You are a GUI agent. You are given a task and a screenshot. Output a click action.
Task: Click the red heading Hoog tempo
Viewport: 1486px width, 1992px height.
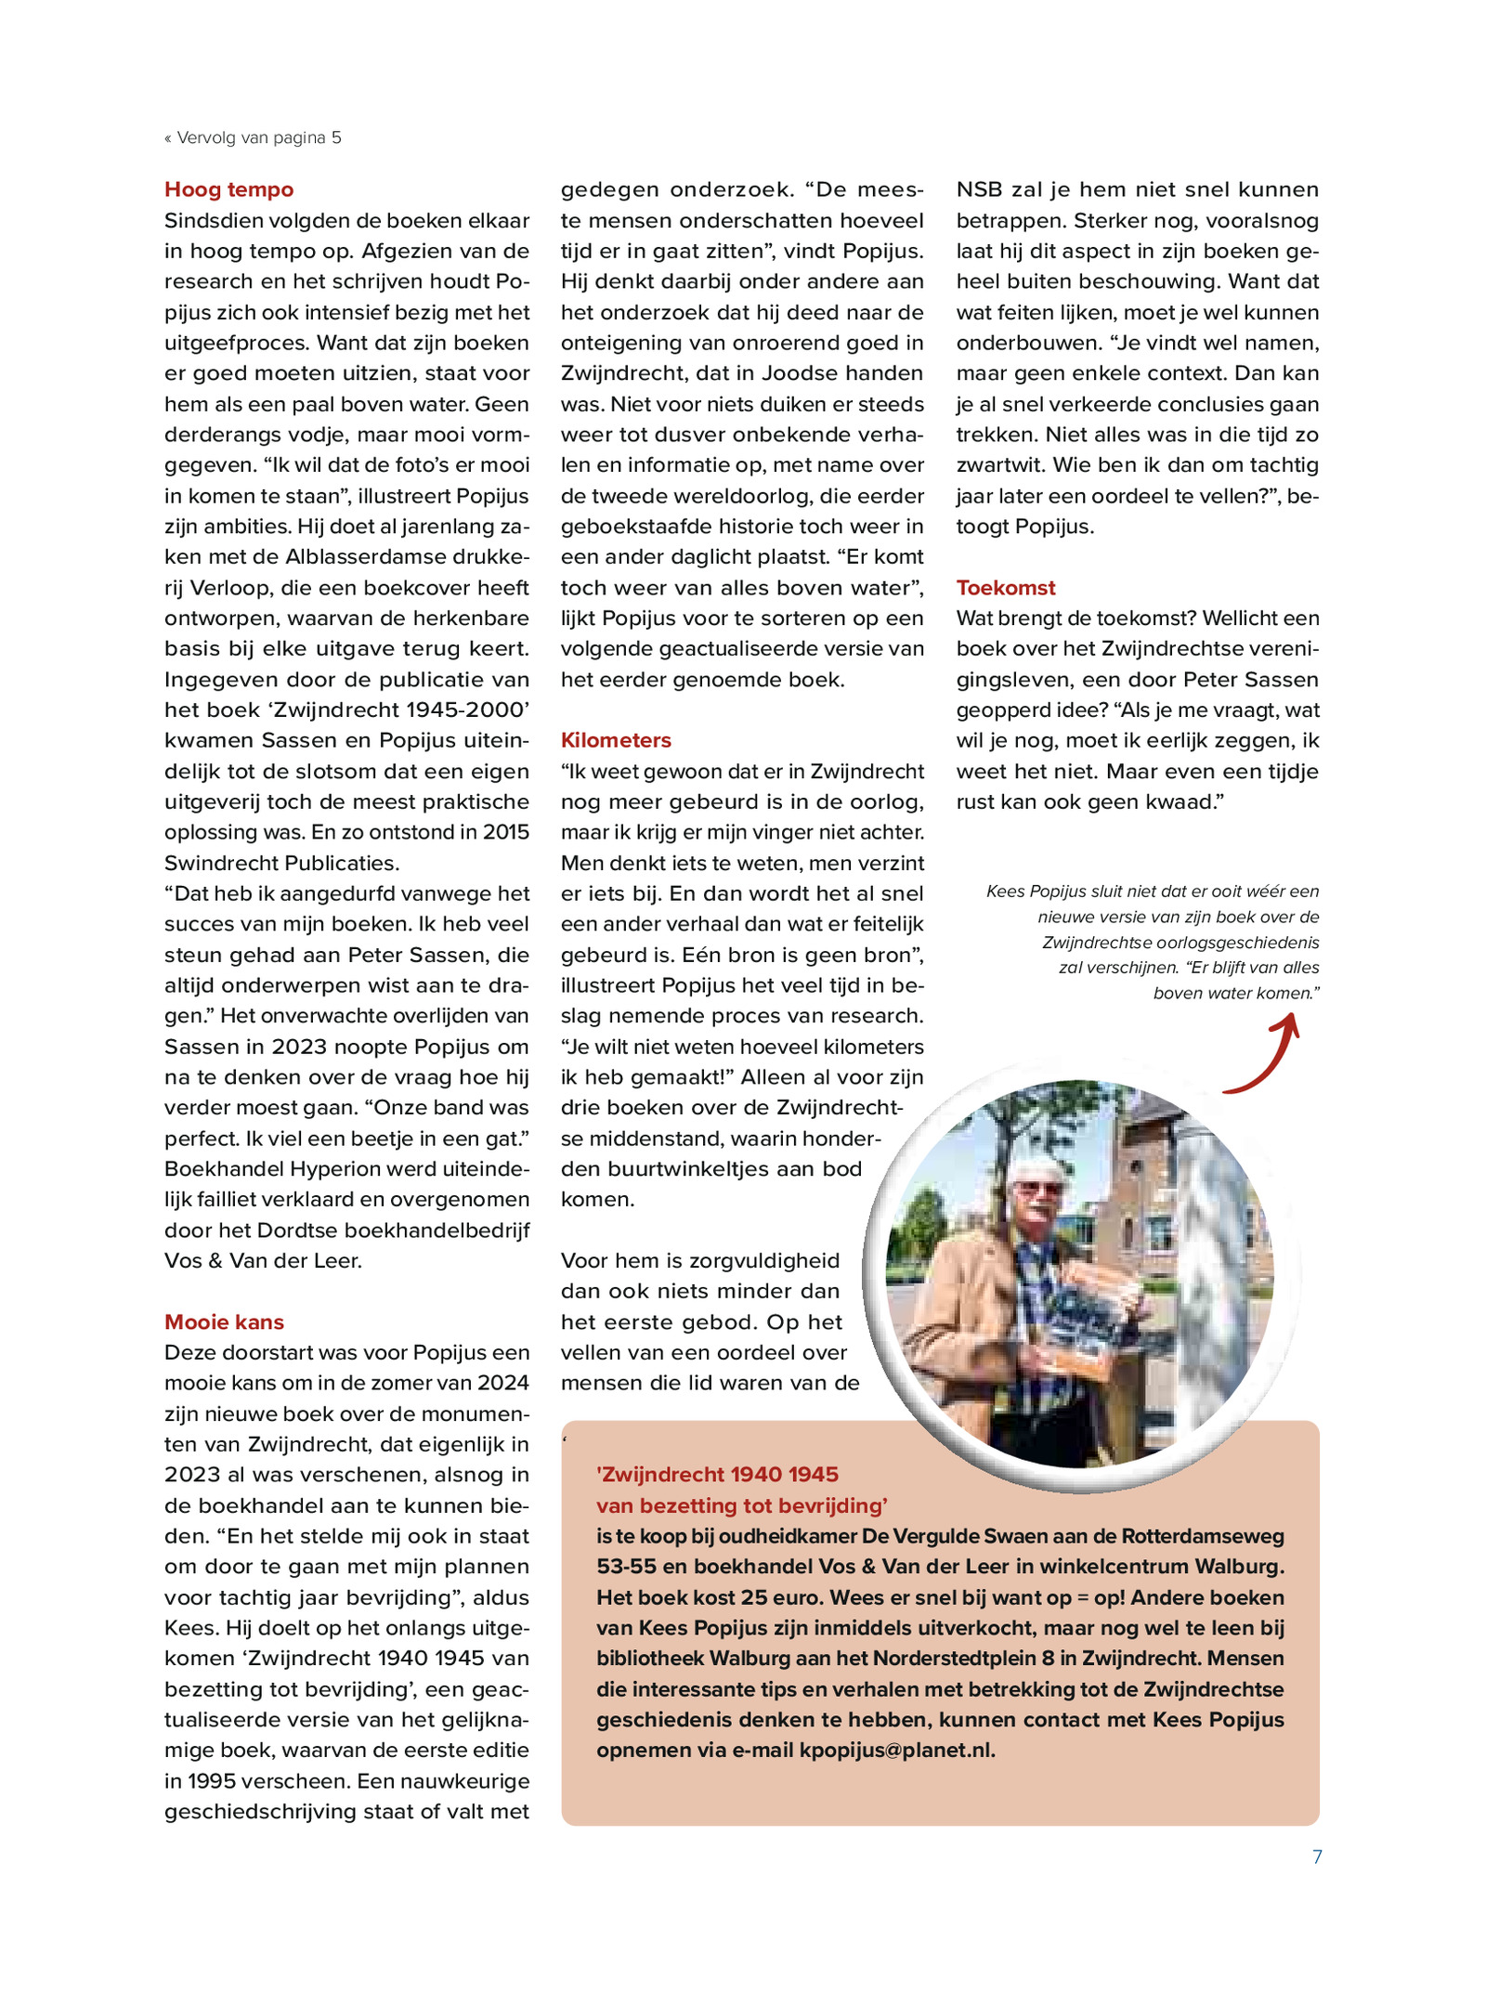click(x=228, y=189)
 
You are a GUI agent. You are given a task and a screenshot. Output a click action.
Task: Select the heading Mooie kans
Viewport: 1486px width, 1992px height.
click(x=224, y=1321)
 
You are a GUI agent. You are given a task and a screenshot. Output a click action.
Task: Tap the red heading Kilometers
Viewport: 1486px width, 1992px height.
click(x=615, y=740)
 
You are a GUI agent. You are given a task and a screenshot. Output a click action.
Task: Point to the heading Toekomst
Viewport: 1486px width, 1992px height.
click(x=1006, y=588)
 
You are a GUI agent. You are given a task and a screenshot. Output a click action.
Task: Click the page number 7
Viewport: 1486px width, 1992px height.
click(x=1316, y=1856)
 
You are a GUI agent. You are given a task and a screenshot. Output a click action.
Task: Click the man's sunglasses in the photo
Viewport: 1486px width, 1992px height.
click(x=1037, y=1188)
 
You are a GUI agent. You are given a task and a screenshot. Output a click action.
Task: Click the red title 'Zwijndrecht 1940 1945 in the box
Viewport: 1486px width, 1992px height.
click(x=717, y=1475)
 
